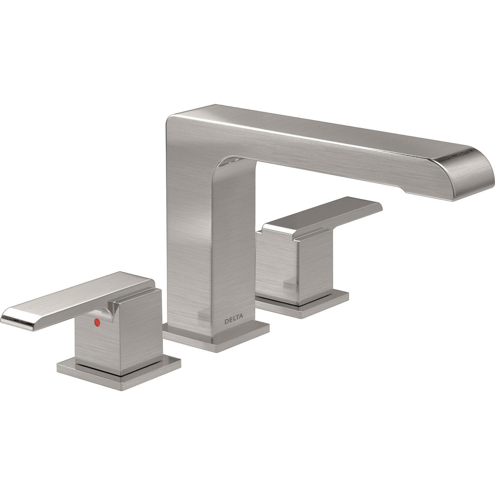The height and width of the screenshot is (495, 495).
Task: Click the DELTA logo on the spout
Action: point(234,321)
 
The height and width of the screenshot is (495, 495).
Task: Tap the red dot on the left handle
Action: point(97,322)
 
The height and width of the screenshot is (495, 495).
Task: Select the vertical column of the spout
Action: point(208,247)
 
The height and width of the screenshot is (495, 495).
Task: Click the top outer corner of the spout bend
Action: point(173,119)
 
